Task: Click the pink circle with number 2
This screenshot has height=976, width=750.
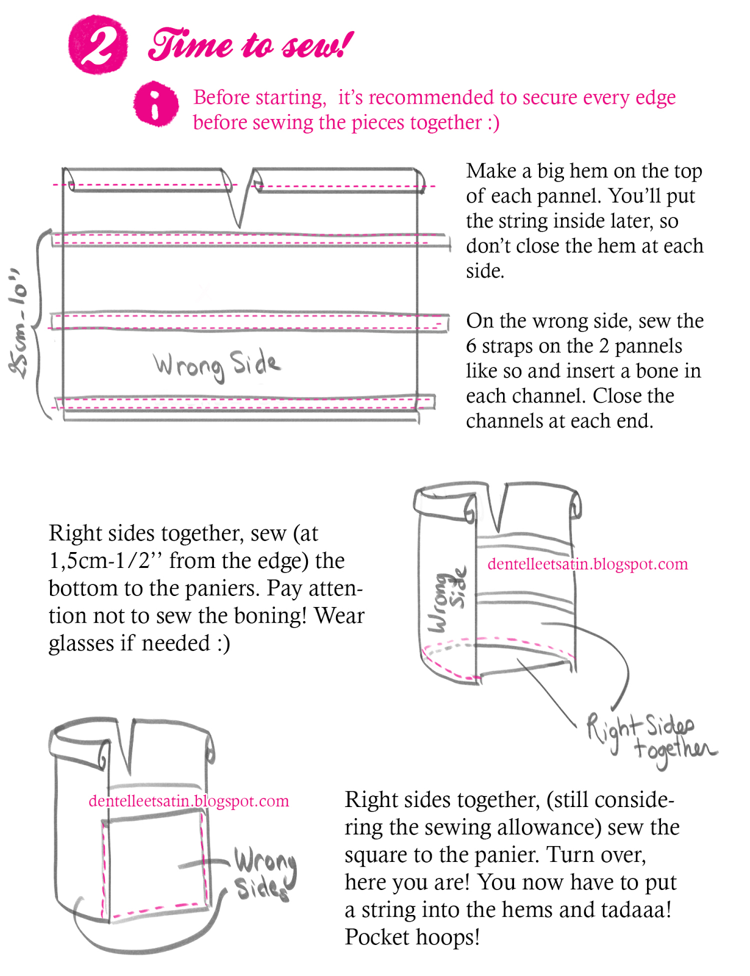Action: (98, 45)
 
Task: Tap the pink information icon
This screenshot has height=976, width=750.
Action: (156, 104)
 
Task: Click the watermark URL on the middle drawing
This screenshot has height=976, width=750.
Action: (587, 564)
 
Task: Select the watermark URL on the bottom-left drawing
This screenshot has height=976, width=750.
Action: (188, 800)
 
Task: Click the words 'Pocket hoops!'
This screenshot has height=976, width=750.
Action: (412, 937)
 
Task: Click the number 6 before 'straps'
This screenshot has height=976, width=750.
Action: (471, 346)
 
